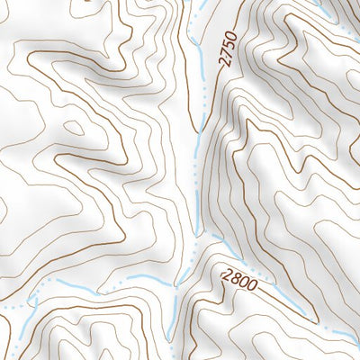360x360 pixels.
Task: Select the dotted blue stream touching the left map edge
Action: tap(7, 306)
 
